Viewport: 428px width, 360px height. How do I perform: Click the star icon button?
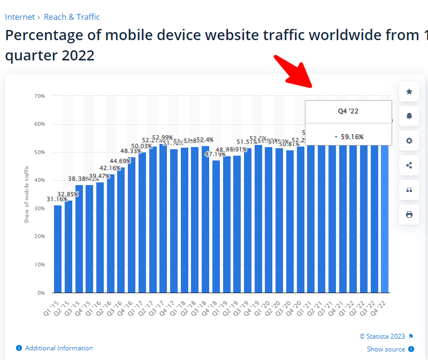pyautogui.click(x=409, y=91)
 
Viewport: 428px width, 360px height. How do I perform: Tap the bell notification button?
pyautogui.click(x=409, y=116)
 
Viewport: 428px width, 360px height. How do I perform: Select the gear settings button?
pyautogui.click(x=409, y=141)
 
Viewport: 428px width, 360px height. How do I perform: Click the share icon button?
pyautogui.click(x=409, y=165)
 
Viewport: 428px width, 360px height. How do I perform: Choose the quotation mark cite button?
pyautogui.click(x=409, y=190)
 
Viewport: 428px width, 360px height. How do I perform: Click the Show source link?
pyautogui.click(x=386, y=349)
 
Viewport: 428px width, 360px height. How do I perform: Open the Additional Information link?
pyautogui.click(x=59, y=348)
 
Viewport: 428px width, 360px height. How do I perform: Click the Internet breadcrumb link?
pyautogui.click(x=20, y=17)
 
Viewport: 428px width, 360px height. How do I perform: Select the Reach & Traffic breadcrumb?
pyautogui.click(x=72, y=17)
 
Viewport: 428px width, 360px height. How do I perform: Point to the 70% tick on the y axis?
pyautogui.click(x=40, y=96)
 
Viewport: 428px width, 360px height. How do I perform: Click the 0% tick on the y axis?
pyautogui.click(x=41, y=293)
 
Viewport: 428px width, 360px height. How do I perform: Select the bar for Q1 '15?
pyautogui.click(x=58, y=249)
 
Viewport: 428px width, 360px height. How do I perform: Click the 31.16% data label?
pyautogui.click(x=57, y=200)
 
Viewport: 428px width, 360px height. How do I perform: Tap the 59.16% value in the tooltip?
pyautogui.click(x=352, y=137)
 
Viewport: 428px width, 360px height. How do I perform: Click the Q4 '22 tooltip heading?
pyautogui.click(x=348, y=111)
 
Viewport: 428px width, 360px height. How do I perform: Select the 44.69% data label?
pyautogui.click(x=120, y=161)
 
